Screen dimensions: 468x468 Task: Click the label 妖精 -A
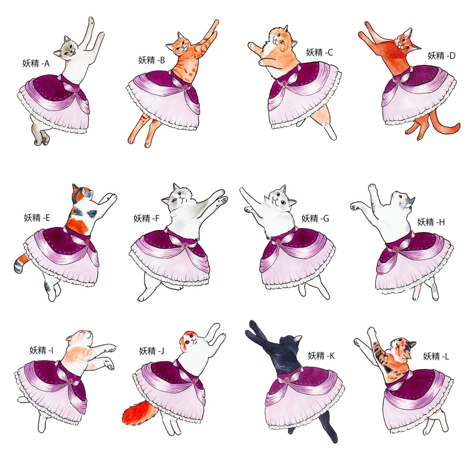click(36, 63)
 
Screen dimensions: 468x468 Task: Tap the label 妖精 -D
click(441, 55)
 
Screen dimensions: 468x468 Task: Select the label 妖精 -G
click(315, 218)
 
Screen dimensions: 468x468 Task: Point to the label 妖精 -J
click(152, 351)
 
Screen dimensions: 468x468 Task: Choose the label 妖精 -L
click(436, 356)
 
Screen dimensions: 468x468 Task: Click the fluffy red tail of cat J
click(140, 413)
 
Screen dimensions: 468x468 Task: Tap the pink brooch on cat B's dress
click(185, 88)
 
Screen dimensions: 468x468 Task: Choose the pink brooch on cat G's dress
click(278, 242)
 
